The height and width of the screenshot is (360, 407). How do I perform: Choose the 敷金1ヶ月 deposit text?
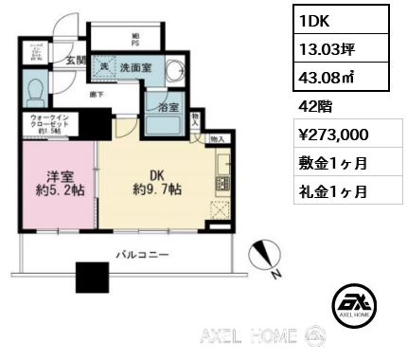(325, 162)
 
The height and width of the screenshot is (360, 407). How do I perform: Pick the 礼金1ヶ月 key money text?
(325, 190)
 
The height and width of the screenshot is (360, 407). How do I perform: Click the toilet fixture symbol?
(35, 92)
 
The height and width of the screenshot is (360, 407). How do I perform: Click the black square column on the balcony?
(92, 278)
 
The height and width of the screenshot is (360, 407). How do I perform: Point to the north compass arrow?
(265, 254)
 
